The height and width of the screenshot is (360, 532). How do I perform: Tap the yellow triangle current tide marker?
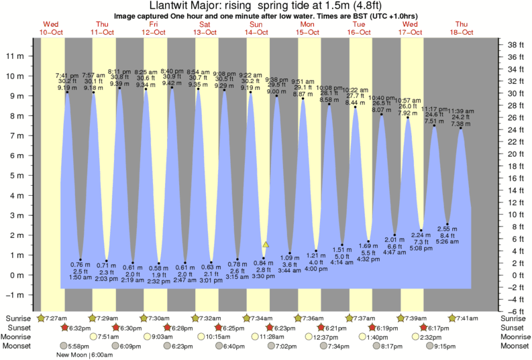point(266,245)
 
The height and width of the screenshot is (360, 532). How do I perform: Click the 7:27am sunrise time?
point(56,317)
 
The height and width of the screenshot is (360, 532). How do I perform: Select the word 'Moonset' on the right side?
point(515,346)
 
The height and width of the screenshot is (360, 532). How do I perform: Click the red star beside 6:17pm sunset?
point(423,327)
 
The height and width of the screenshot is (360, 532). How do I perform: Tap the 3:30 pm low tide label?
point(264,276)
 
